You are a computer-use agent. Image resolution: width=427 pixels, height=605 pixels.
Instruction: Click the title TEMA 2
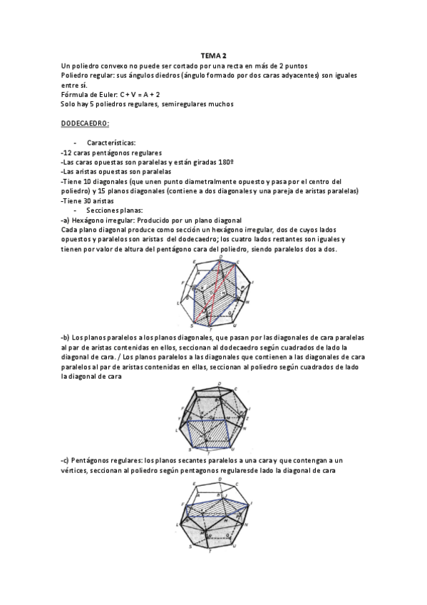[x=213, y=56]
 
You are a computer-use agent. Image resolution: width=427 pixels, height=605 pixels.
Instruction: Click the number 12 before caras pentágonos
[x=68, y=153]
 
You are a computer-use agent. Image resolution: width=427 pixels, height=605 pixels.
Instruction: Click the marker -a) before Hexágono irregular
[x=67, y=220]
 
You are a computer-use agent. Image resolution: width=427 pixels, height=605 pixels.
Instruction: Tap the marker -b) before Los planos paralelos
[x=67, y=335]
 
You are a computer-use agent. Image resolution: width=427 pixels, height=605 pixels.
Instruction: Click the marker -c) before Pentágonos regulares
[x=66, y=462]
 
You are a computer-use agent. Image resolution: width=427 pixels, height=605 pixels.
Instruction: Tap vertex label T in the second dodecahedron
[x=207, y=452]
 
